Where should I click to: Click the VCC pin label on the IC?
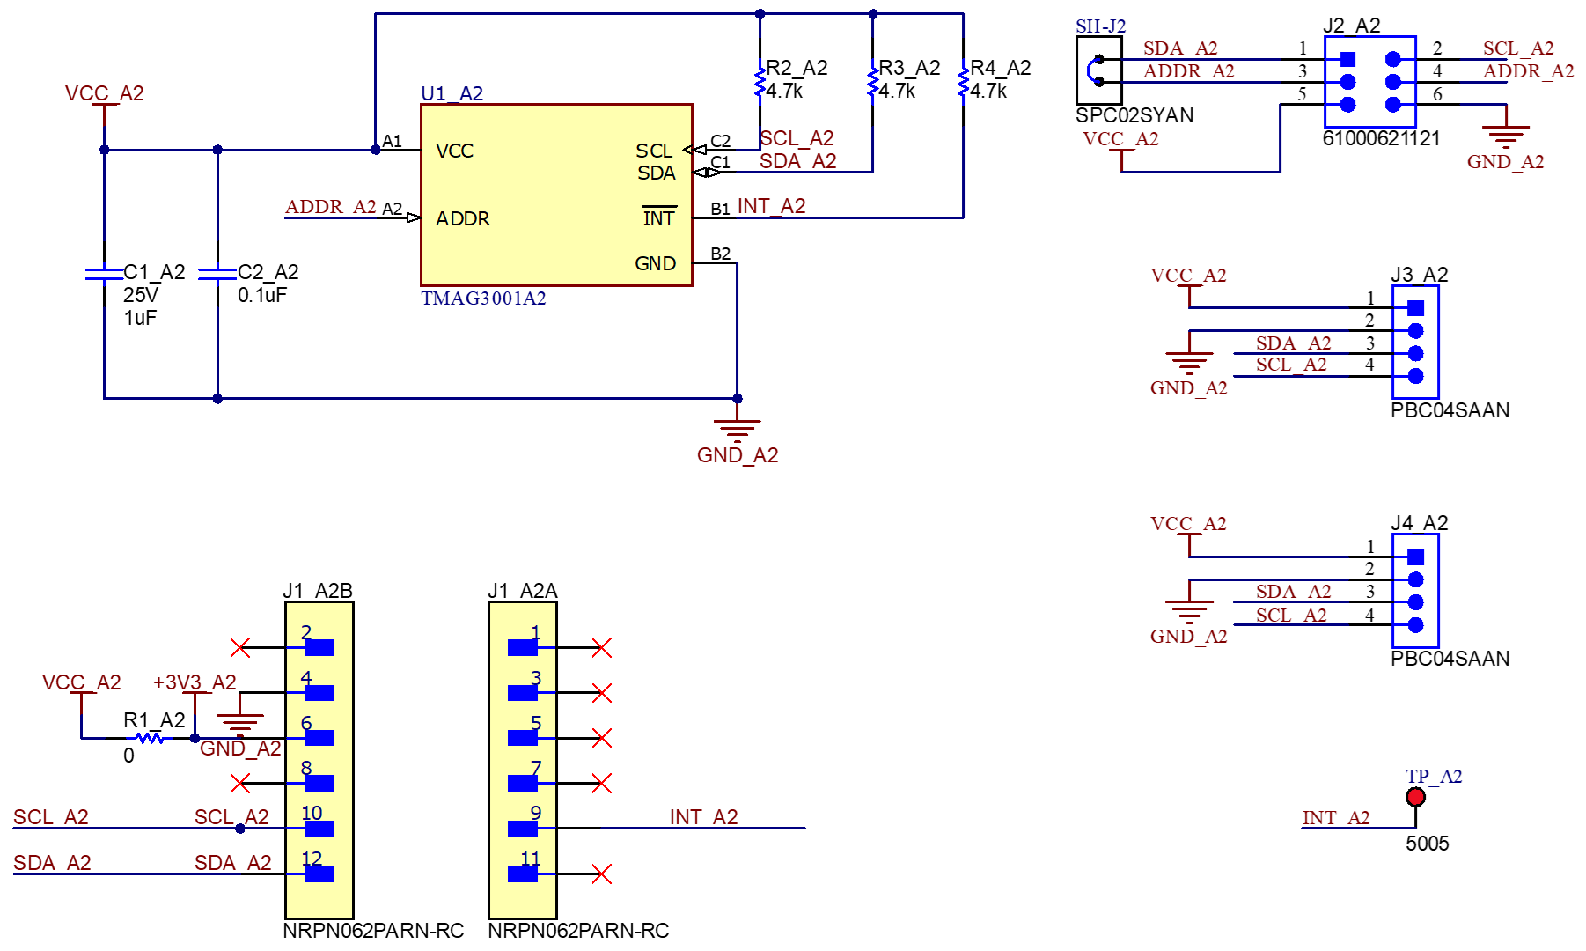(454, 151)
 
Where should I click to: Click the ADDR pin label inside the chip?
(462, 218)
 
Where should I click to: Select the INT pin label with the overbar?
(658, 218)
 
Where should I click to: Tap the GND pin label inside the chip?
(655, 263)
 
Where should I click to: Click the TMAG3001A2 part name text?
(483, 299)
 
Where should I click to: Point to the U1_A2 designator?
(452, 93)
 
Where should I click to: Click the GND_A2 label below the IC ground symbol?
(738, 455)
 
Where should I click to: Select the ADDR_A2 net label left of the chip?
(331, 207)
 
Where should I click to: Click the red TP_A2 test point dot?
(1415, 797)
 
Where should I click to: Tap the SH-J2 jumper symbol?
(1098, 71)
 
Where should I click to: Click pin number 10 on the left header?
(312, 813)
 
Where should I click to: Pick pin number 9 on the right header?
(535, 813)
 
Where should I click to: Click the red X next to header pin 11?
(602, 874)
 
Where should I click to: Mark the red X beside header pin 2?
(240, 648)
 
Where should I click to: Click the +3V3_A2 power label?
(195, 682)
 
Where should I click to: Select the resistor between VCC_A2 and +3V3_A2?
(150, 738)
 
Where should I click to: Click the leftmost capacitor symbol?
(104, 274)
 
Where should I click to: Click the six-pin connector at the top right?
(1369, 82)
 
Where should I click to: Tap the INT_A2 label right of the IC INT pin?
(772, 206)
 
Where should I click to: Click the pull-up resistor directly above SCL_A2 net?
(760, 82)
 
